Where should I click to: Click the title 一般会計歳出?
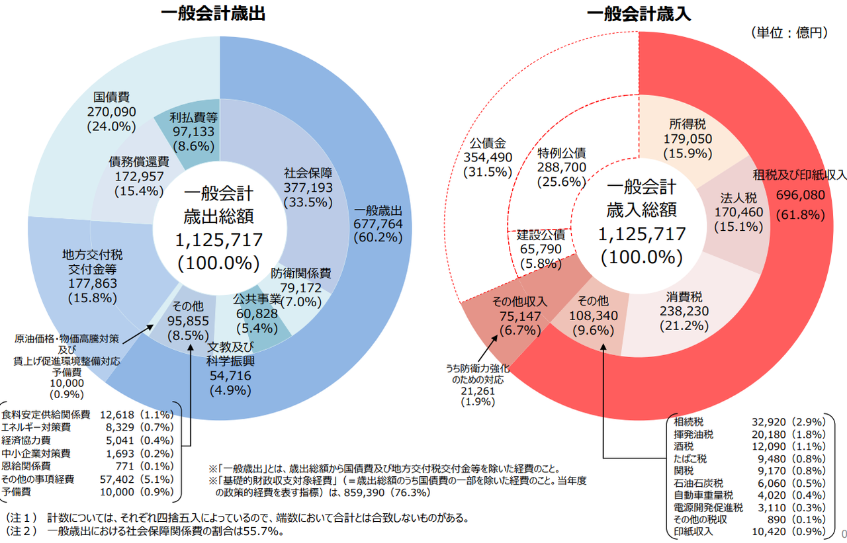pos(213,14)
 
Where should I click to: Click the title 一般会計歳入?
pos(639,14)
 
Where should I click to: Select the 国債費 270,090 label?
pos(111,110)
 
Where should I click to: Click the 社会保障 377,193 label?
pos(308,188)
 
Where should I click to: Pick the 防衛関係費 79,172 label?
pos(301,287)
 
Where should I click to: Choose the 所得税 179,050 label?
pos(688,139)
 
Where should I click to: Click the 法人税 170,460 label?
pos(738,212)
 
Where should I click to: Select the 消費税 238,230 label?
pos(684,311)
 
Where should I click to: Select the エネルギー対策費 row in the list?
pos(89,427)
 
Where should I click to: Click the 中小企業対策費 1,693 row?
pos(89,453)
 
